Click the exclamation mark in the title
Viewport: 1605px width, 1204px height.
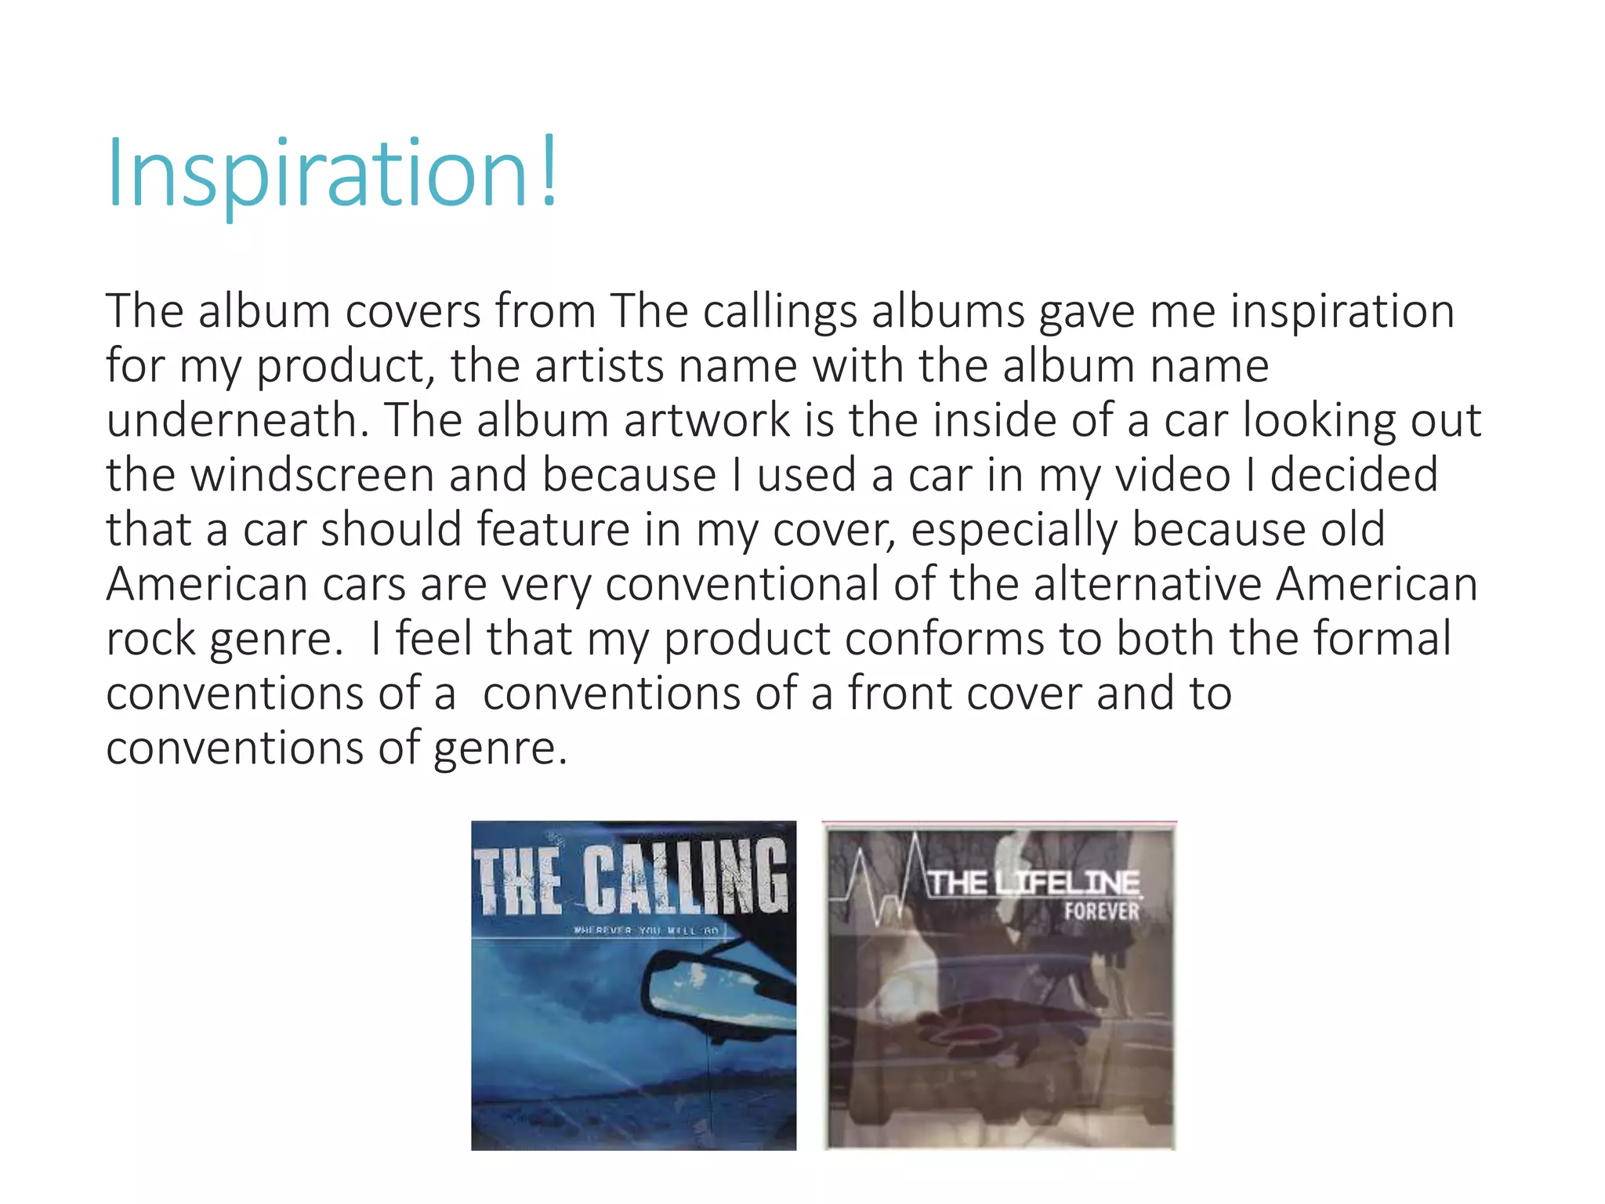(x=548, y=171)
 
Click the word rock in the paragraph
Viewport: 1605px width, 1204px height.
(x=150, y=639)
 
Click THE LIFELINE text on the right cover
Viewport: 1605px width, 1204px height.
(x=1034, y=883)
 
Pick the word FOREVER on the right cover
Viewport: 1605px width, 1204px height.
(x=1101, y=912)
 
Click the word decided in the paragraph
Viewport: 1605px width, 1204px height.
(x=1353, y=475)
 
